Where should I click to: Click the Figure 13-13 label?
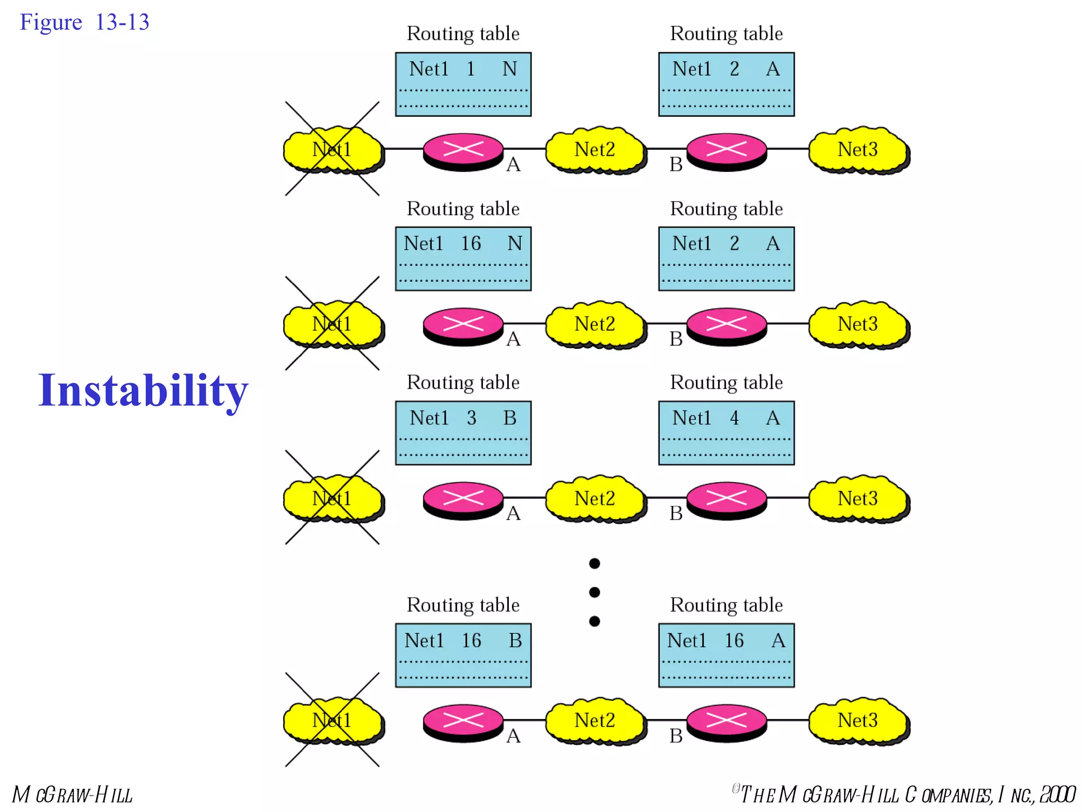click(85, 22)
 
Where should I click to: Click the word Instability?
click(143, 390)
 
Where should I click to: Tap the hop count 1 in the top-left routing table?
click(470, 69)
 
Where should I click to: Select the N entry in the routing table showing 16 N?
click(515, 243)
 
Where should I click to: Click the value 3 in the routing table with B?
click(471, 418)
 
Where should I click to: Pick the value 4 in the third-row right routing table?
click(734, 418)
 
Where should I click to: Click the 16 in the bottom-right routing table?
click(734, 641)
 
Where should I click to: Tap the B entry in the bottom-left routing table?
click(515, 641)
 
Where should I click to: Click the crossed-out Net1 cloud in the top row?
click(332, 150)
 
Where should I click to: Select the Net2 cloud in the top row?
click(595, 150)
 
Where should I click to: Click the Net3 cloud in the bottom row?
click(858, 721)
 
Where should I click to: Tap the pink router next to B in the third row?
click(726, 499)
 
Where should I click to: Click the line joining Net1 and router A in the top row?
click(404, 149)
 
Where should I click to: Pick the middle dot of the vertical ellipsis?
click(594, 592)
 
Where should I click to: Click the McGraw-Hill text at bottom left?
click(72, 795)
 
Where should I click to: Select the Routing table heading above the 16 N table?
click(463, 209)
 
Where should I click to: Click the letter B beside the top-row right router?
click(676, 165)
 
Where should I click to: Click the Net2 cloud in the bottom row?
click(595, 721)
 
